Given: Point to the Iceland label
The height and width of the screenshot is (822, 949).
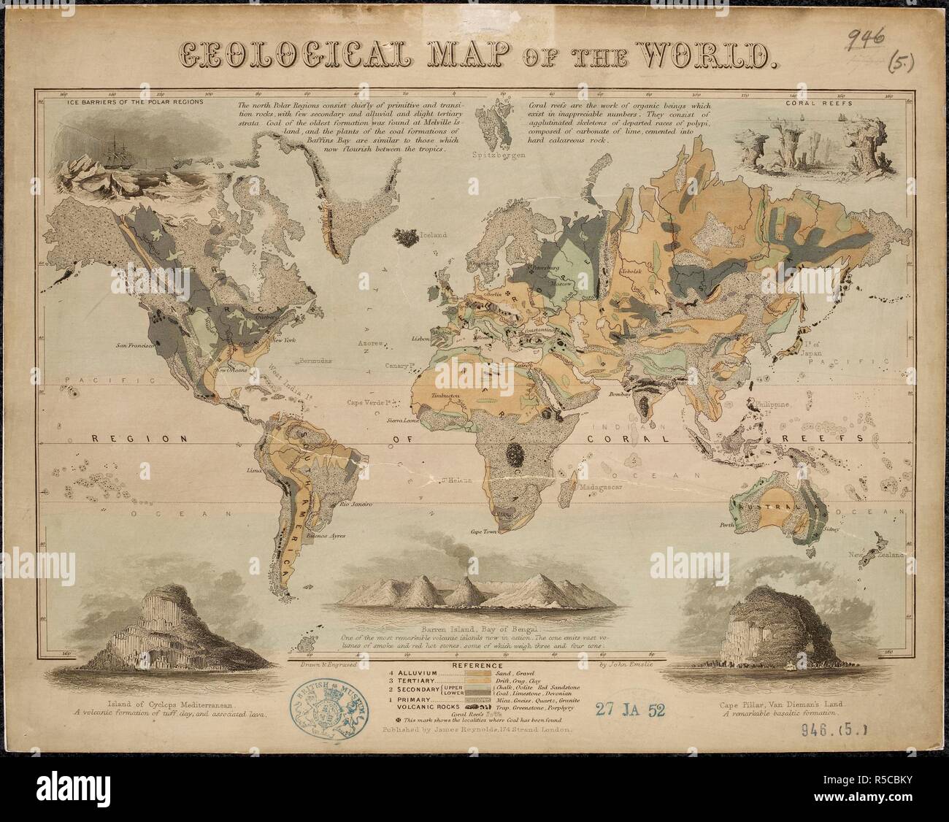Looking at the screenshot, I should click(x=432, y=236).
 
